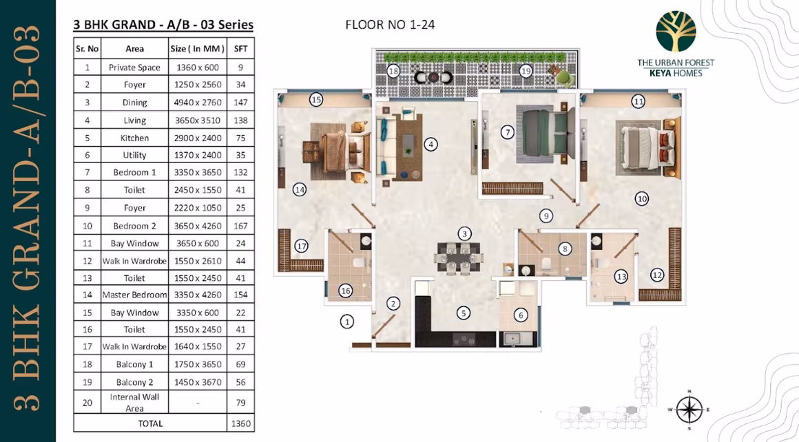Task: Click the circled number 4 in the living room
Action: pos(430,144)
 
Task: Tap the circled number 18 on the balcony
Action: pos(393,71)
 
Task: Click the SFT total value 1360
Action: pos(240,423)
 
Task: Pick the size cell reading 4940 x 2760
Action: pos(198,103)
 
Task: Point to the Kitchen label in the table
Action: pos(134,138)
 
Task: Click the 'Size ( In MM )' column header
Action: pos(197,49)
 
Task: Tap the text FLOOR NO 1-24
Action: pos(390,25)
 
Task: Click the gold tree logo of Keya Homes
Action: pos(676,32)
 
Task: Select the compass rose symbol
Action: pos(689,410)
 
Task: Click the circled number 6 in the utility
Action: pos(520,315)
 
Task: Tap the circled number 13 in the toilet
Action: pos(621,277)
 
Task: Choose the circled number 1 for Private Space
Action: pos(347,322)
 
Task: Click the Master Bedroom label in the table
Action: pos(134,295)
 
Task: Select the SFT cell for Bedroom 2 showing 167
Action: pos(240,226)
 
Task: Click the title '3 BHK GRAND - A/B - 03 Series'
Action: pos(163,25)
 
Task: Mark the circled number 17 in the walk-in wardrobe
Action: pos(301,246)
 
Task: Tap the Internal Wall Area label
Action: pos(134,402)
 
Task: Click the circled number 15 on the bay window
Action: pos(316,99)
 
